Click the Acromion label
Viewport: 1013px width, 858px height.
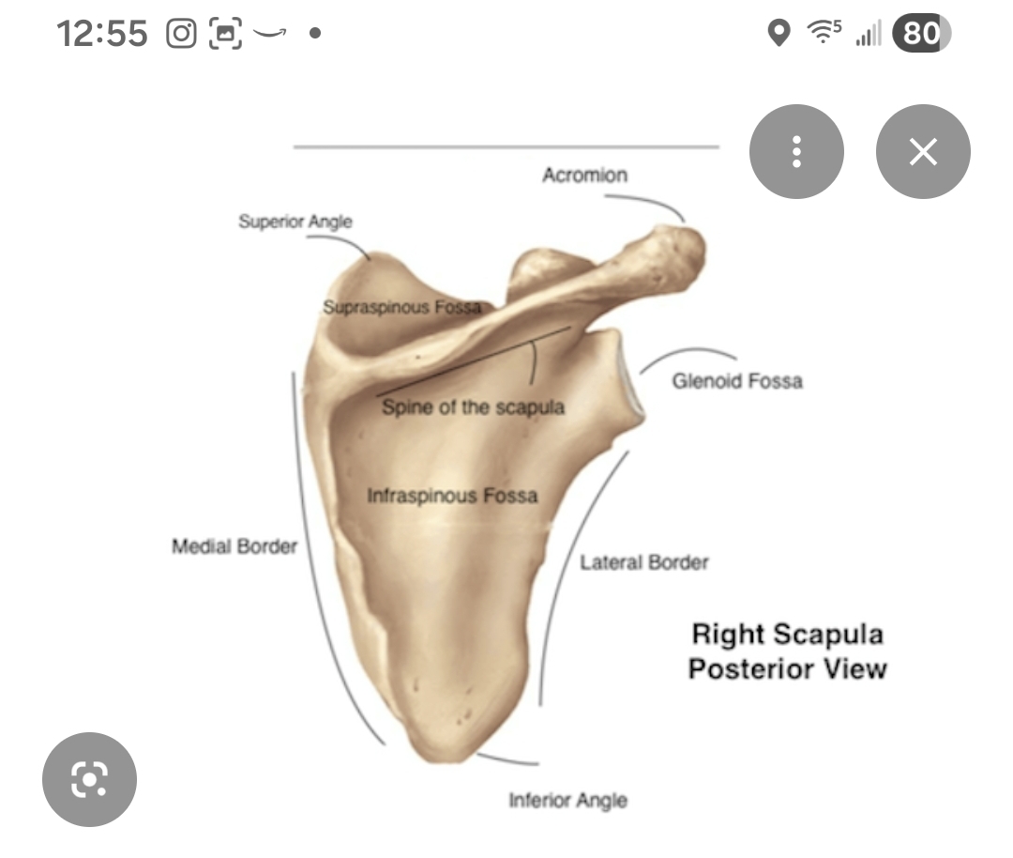click(x=584, y=175)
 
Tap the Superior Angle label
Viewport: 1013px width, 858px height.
click(x=295, y=222)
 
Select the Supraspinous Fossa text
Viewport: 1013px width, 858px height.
click(x=401, y=307)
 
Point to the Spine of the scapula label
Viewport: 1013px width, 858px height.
click(x=473, y=407)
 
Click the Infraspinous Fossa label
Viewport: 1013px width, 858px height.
click(x=452, y=495)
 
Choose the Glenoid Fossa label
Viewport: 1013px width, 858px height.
click(x=737, y=380)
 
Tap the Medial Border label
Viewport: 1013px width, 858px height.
click(x=234, y=545)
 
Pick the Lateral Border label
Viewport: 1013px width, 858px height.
click(x=643, y=562)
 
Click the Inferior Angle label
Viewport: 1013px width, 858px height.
click(x=567, y=800)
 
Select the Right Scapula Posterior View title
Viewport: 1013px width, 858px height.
click(x=787, y=651)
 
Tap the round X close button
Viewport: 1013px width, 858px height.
click(x=923, y=151)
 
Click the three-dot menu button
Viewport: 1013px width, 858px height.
click(x=796, y=151)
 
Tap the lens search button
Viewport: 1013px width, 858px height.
click(x=89, y=778)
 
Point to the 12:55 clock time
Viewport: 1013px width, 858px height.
click(x=102, y=35)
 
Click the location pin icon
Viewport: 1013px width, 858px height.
click(x=778, y=34)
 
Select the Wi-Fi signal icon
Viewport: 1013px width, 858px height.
click(x=823, y=34)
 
